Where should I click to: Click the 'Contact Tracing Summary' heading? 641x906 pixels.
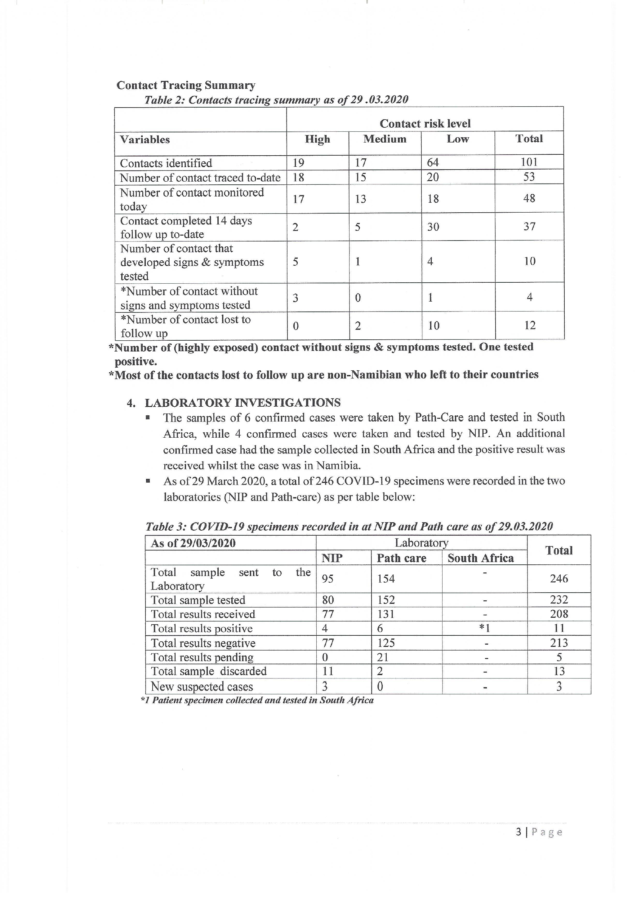tap(185, 85)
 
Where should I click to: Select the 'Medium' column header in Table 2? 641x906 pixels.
tap(385, 139)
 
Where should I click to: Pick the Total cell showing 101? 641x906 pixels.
tap(529, 162)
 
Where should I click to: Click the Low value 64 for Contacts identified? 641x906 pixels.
tap(433, 163)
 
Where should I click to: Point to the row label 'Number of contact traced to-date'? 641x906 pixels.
tap(200, 178)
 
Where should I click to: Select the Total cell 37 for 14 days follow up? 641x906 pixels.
tap(529, 227)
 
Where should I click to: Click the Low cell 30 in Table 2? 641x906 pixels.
tap(433, 227)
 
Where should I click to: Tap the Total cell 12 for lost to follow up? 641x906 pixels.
tap(530, 325)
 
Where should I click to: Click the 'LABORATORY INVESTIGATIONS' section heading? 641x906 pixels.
tap(242, 403)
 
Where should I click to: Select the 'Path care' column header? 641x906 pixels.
tap(401, 558)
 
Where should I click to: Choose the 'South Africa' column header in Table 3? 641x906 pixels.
tap(480, 558)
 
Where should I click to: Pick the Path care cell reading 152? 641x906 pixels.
tap(386, 600)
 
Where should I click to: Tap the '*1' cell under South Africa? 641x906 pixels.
tap(484, 628)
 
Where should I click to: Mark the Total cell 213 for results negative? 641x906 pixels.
tap(559, 643)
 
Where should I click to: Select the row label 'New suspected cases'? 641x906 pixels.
tap(201, 687)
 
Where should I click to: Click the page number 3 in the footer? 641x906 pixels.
tap(518, 832)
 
